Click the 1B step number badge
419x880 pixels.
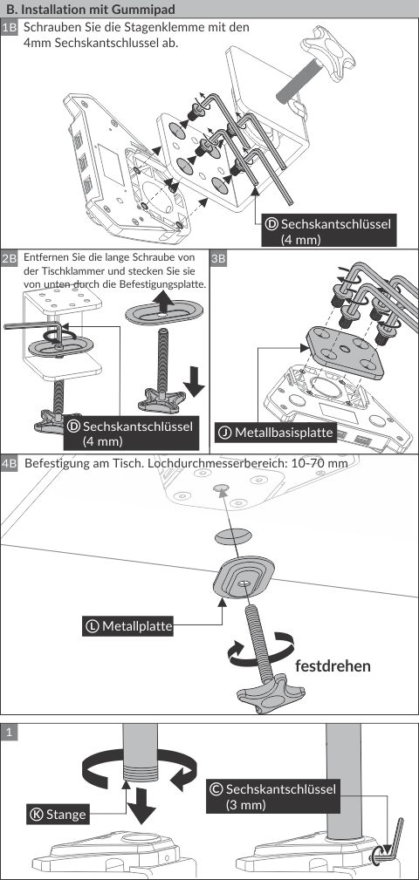pos(10,28)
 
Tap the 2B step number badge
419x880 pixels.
pos(10,259)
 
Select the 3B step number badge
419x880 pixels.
pos(218,259)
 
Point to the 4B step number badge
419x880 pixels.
pos(10,464)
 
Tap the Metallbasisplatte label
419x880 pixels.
pos(276,433)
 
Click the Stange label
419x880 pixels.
pos(58,814)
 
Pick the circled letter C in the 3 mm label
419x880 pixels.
pos(215,789)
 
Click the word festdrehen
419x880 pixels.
pos(333,666)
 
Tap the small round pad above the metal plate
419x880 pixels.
pos(232,536)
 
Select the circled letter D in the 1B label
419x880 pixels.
pos(271,224)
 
